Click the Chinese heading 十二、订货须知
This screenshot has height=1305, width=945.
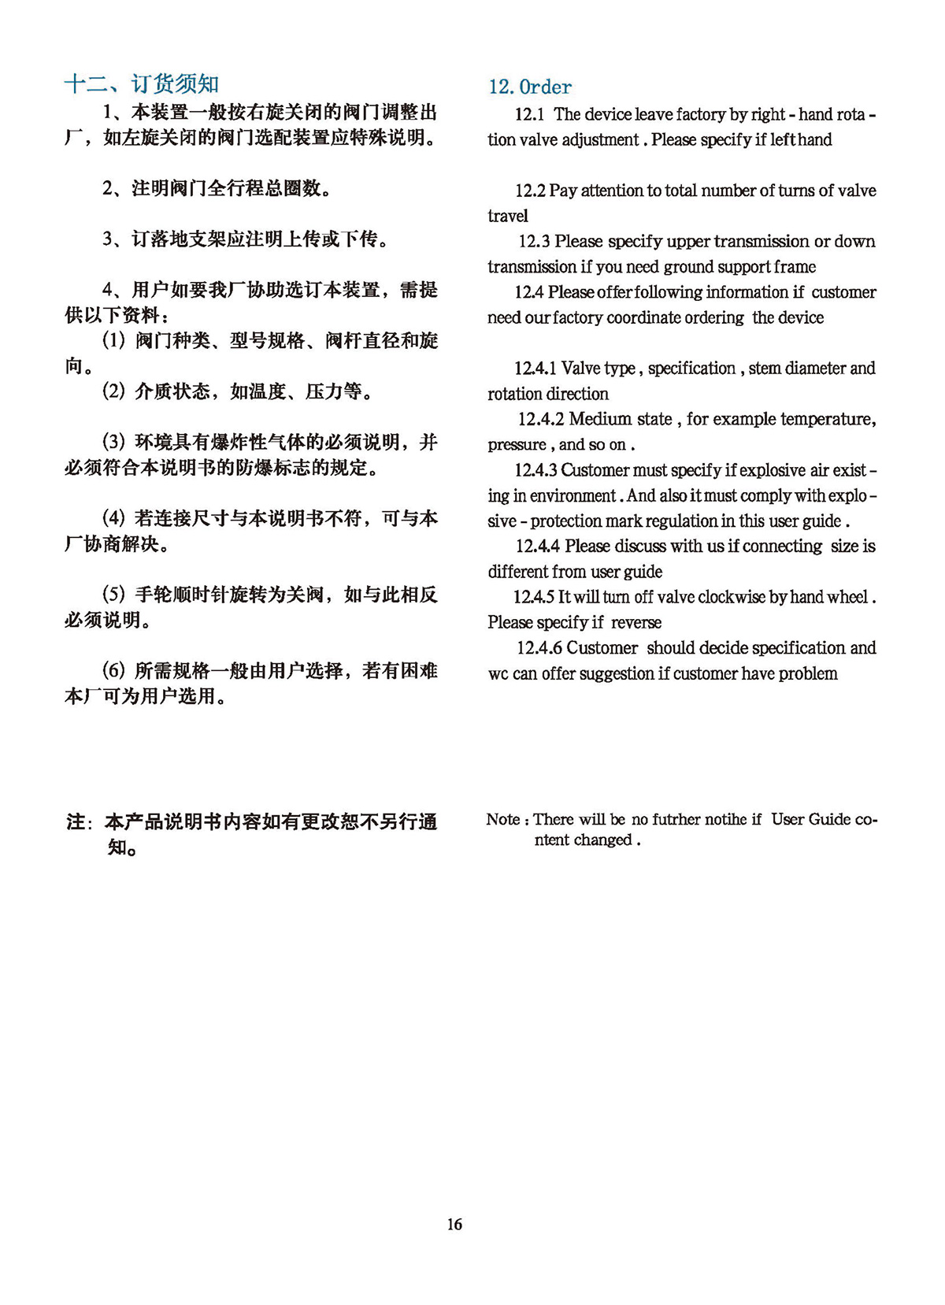pyautogui.click(x=142, y=83)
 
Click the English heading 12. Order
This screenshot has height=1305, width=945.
pyautogui.click(x=530, y=87)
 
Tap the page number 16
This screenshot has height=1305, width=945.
pyautogui.click(x=454, y=1224)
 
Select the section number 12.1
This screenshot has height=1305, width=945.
pyautogui.click(x=530, y=114)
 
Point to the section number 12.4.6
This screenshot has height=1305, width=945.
pyautogui.click(x=539, y=647)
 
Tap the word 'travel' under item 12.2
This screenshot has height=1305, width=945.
pyautogui.click(x=508, y=216)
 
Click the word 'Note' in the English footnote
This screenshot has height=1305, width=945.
pyautogui.click(x=503, y=819)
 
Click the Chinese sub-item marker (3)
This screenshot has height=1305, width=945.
pyautogui.click(x=114, y=442)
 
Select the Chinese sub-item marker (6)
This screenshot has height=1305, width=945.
pyautogui.click(x=114, y=670)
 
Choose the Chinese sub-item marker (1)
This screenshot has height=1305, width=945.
pyautogui.click(x=114, y=340)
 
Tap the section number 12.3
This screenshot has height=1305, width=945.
pyautogui.click(x=534, y=241)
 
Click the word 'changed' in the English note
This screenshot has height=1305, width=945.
pyautogui.click(x=604, y=840)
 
